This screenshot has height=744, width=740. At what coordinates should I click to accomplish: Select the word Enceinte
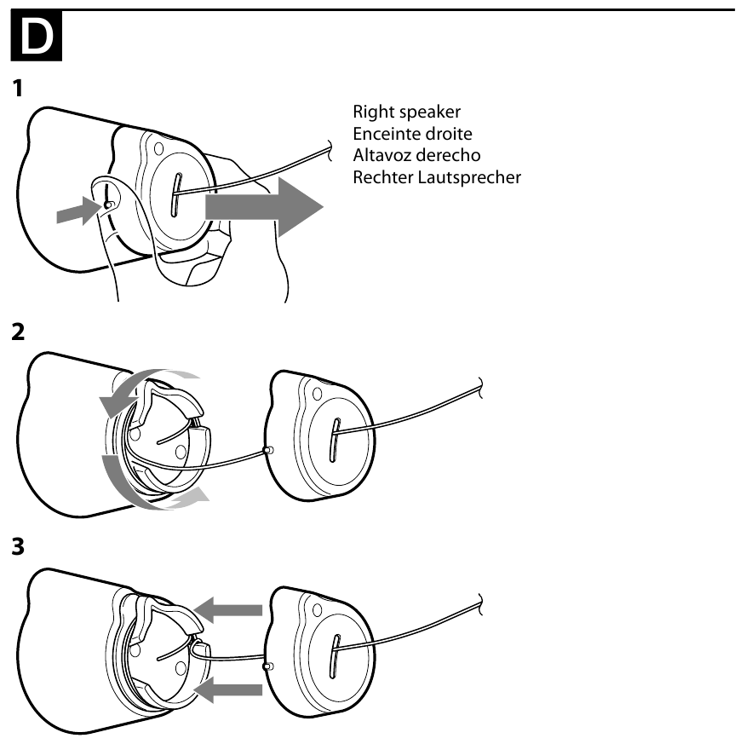tap(387, 134)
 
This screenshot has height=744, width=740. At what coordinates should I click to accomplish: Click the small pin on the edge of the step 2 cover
tap(269, 449)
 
